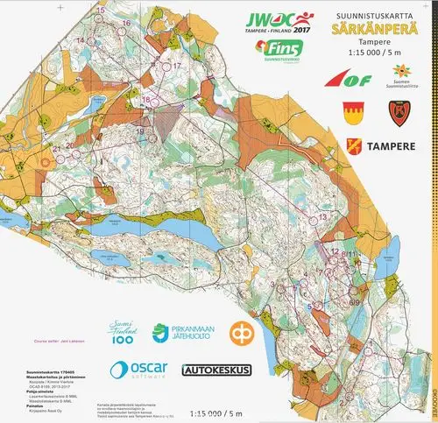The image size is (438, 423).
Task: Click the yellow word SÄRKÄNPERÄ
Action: point(367,28)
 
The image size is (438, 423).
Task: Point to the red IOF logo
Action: point(354,80)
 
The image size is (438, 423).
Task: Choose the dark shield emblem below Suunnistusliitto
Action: point(398,112)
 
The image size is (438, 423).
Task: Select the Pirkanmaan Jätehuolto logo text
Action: point(189,333)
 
